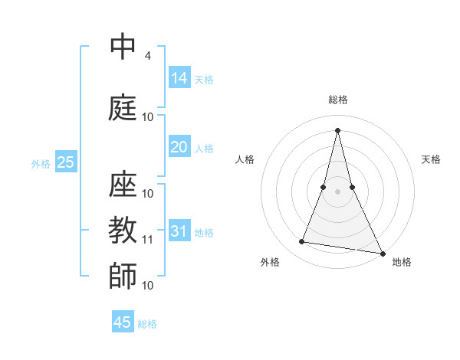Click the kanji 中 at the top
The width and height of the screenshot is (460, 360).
pos(123,47)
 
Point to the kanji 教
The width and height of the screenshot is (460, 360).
pos(123,230)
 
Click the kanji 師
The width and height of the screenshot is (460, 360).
pos(123,276)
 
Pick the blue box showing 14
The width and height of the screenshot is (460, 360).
pos(179,77)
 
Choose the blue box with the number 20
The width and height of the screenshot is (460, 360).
pos(179,147)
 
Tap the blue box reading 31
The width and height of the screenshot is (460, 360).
pos(179,231)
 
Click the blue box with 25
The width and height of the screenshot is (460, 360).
pos(65,162)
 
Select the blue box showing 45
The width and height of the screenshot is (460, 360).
pos(123,322)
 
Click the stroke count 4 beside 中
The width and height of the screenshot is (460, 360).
pos(147,56)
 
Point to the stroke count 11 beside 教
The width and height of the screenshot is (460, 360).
pos(148,240)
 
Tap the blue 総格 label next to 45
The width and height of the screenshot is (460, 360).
pos(147,324)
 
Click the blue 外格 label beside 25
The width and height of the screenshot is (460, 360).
pos(41,163)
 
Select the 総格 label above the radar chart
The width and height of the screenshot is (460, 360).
pos(338,100)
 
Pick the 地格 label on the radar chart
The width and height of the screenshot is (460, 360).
pos(402,263)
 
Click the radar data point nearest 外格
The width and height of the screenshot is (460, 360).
pos(302,242)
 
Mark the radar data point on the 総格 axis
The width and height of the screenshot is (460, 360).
pos(337,129)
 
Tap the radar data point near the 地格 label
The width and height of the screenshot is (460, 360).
pos(383,253)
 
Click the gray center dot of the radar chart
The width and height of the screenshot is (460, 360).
pos(337,191)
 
